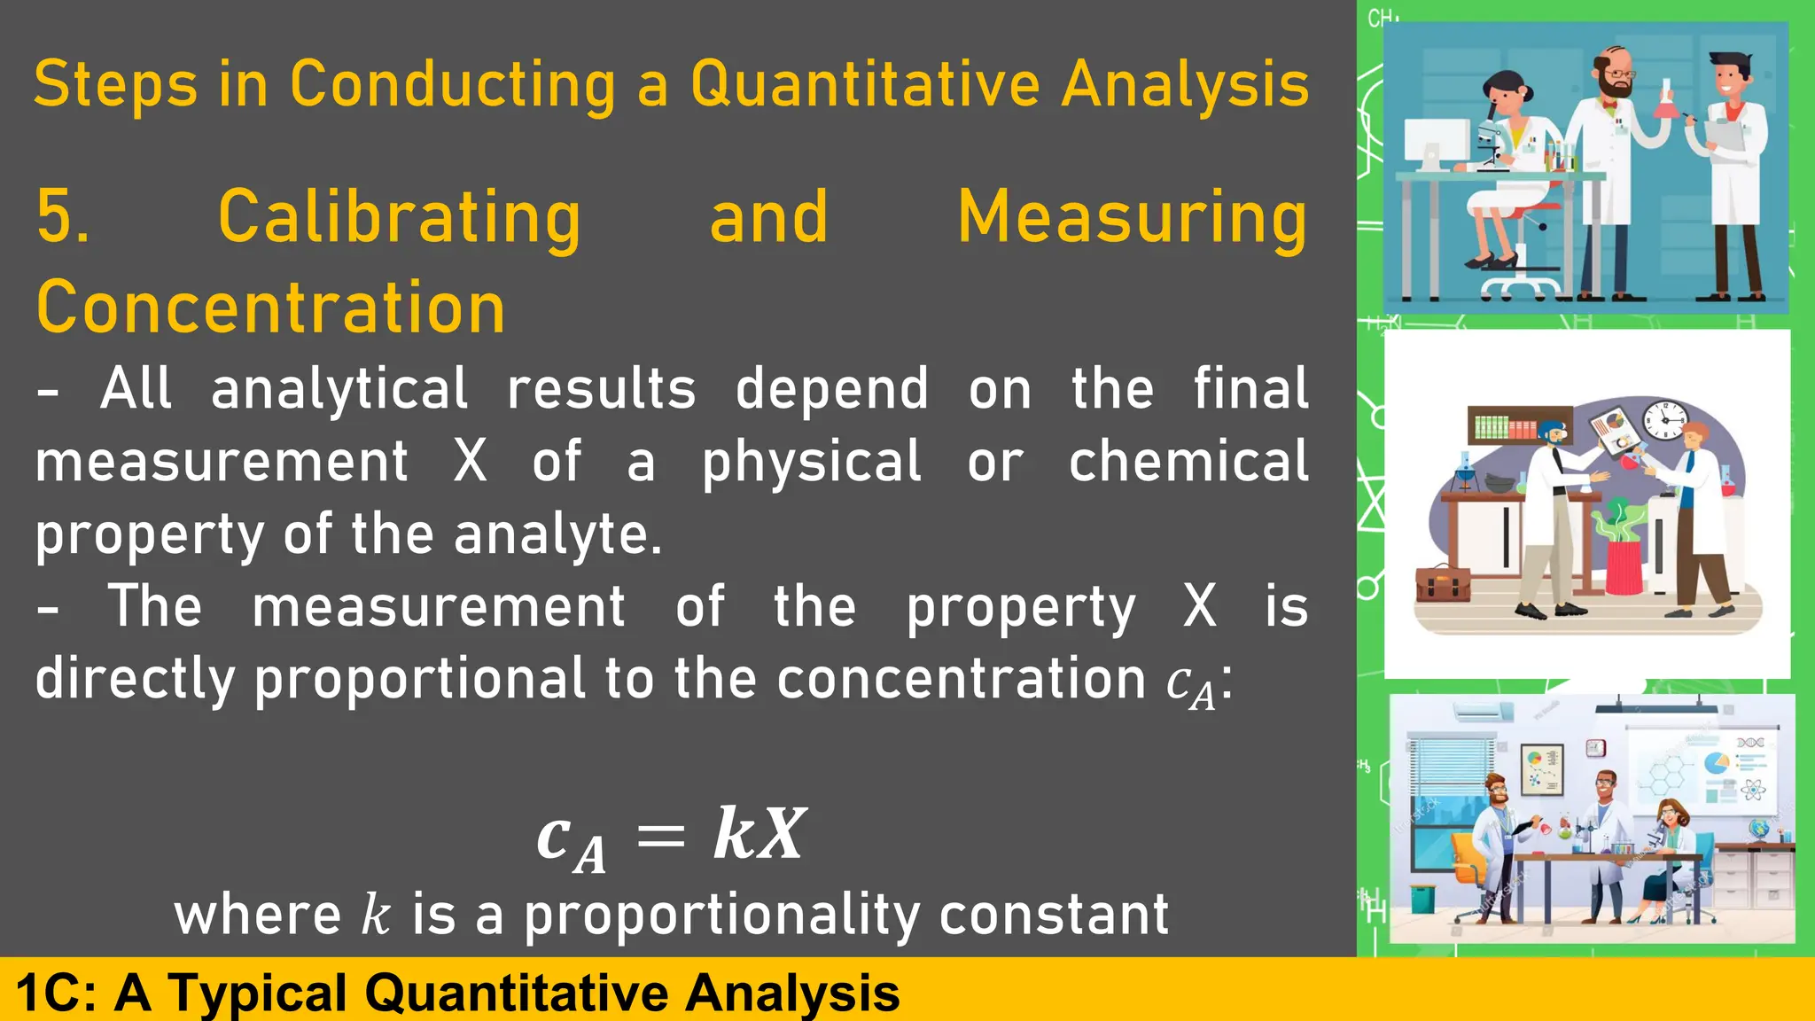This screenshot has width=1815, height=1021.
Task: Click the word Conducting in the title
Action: (452, 85)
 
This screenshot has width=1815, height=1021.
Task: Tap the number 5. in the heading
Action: (63, 217)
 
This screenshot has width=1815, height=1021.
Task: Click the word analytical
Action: (339, 389)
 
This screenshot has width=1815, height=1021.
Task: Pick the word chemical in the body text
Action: (1188, 462)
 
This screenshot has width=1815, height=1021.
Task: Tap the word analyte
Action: (557, 534)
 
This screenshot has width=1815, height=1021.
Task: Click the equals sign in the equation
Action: (661, 836)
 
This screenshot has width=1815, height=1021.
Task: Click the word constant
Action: (1054, 915)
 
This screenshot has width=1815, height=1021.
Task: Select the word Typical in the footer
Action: (258, 992)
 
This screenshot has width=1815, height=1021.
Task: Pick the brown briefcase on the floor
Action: (1443, 583)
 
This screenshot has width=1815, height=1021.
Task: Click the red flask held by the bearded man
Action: (1663, 105)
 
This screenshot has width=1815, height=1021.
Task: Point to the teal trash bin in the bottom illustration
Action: (1422, 898)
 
